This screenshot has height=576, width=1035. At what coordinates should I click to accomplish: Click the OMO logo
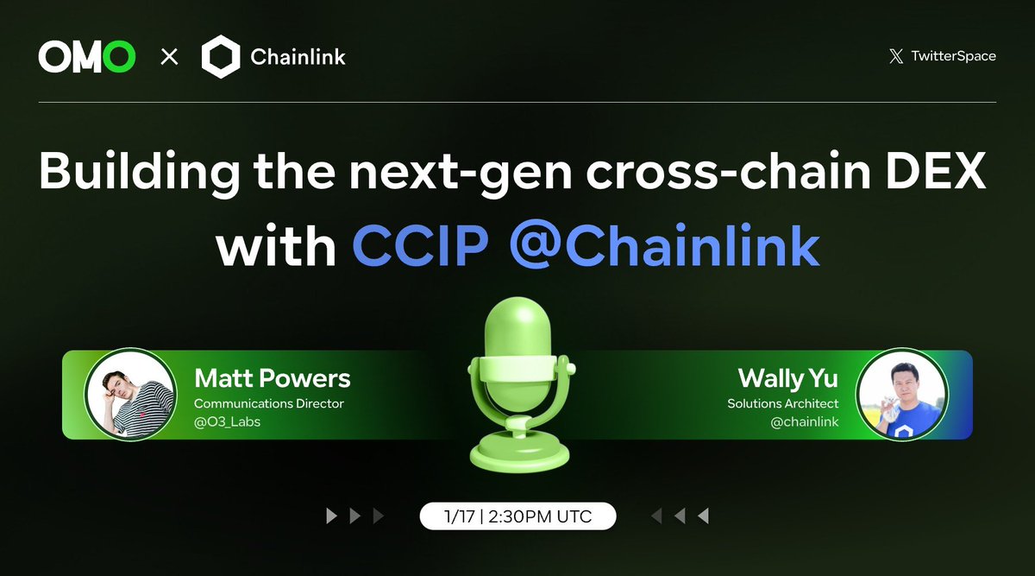pos(87,58)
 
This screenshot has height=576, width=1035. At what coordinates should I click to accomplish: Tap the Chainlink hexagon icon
pos(220,58)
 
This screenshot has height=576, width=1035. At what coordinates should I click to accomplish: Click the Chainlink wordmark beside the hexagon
pos(298,58)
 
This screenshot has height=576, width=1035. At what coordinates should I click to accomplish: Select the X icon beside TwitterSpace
pos(896,57)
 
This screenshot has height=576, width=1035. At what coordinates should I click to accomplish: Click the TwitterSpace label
pos(954,56)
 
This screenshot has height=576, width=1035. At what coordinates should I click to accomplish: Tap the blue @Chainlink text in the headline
pos(664,246)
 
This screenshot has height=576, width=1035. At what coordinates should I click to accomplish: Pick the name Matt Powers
pos(273,378)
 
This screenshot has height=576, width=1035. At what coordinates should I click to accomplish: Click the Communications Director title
pos(269,403)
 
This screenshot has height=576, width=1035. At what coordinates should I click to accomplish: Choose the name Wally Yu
pos(788,378)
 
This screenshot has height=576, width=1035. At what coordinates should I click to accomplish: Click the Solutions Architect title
pos(782,403)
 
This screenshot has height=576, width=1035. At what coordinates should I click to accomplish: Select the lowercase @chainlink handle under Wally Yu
pos(804,421)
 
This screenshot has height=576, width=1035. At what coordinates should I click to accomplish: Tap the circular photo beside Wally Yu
pos(895,395)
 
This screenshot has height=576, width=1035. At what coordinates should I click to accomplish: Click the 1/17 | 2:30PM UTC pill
pos(517,516)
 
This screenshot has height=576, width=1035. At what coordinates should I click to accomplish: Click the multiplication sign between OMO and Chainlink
pos(170,58)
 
